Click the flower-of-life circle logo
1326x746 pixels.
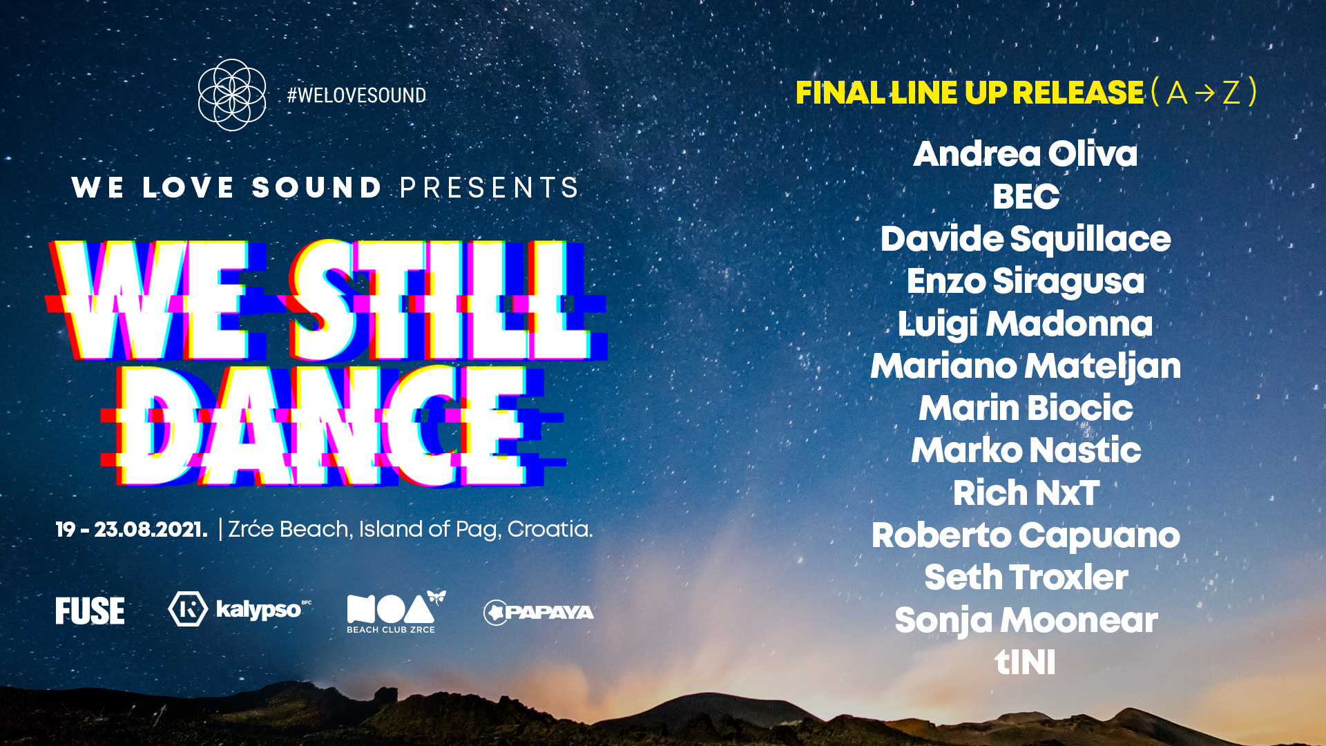pyautogui.click(x=232, y=95)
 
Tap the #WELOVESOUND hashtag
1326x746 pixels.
pyautogui.click(x=356, y=95)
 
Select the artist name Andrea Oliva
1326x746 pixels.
pyautogui.click(x=1025, y=153)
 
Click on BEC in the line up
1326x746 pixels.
pyautogui.click(x=1026, y=196)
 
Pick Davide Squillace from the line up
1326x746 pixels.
pyautogui.click(x=1026, y=240)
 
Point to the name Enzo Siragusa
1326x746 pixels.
pyautogui.click(x=1026, y=282)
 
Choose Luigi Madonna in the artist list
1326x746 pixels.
pyautogui.click(x=1026, y=324)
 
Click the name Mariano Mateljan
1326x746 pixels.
pyautogui.click(x=1026, y=366)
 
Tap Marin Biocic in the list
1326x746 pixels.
pyautogui.click(x=1026, y=408)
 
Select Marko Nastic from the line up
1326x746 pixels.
pyautogui.click(x=1026, y=450)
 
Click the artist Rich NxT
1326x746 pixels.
pyautogui.click(x=1026, y=493)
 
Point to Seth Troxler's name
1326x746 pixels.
pyautogui.click(x=1026, y=577)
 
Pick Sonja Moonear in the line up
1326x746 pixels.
pyautogui.click(x=1026, y=620)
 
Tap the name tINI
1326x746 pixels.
pyautogui.click(x=1025, y=662)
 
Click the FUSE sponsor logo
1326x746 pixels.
pyautogui.click(x=90, y=611)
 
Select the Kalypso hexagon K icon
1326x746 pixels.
pyautogui.click(x=188, y=609)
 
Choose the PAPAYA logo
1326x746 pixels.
pyautogui.click(x=539, y=612)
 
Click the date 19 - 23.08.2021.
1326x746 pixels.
pyautogui.click(x=131, y=530)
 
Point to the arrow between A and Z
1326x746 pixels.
pyautogui.click(x=1204, y=93)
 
